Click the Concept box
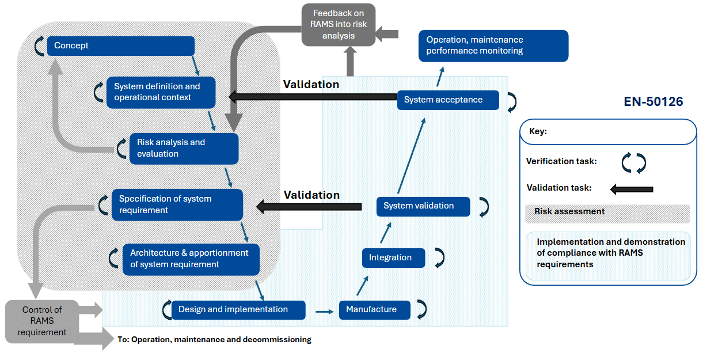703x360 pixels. (x=120, y=46)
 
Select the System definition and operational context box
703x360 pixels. (x=161, y=92)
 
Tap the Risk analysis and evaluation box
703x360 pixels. (x=184, y=148)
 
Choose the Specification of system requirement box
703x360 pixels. (x=177, y=204)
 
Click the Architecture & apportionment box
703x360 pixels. (x=191, y=259)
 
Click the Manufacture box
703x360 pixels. (x=374, y=310)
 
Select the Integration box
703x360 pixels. (x=393, y=257)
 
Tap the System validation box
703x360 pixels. (x=423, y=206)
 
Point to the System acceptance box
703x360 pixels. (x=448, y=100)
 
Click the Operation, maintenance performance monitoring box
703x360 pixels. (x=493, y=46)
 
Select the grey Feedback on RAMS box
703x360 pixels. (x=338, y=25)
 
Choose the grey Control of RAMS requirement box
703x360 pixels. (x=42, y=321)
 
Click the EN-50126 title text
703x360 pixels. (x=653, y=102)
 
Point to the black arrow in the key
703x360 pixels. (x=632, y=189)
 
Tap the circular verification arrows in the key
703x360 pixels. (x=634, y=162)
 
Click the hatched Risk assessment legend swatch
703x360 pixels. (x=607, y=213)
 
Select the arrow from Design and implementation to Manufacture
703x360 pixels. (x=325, y=312)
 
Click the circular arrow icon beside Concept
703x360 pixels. (x=39, y=46)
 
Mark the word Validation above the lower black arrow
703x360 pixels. (x=311, y=195)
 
